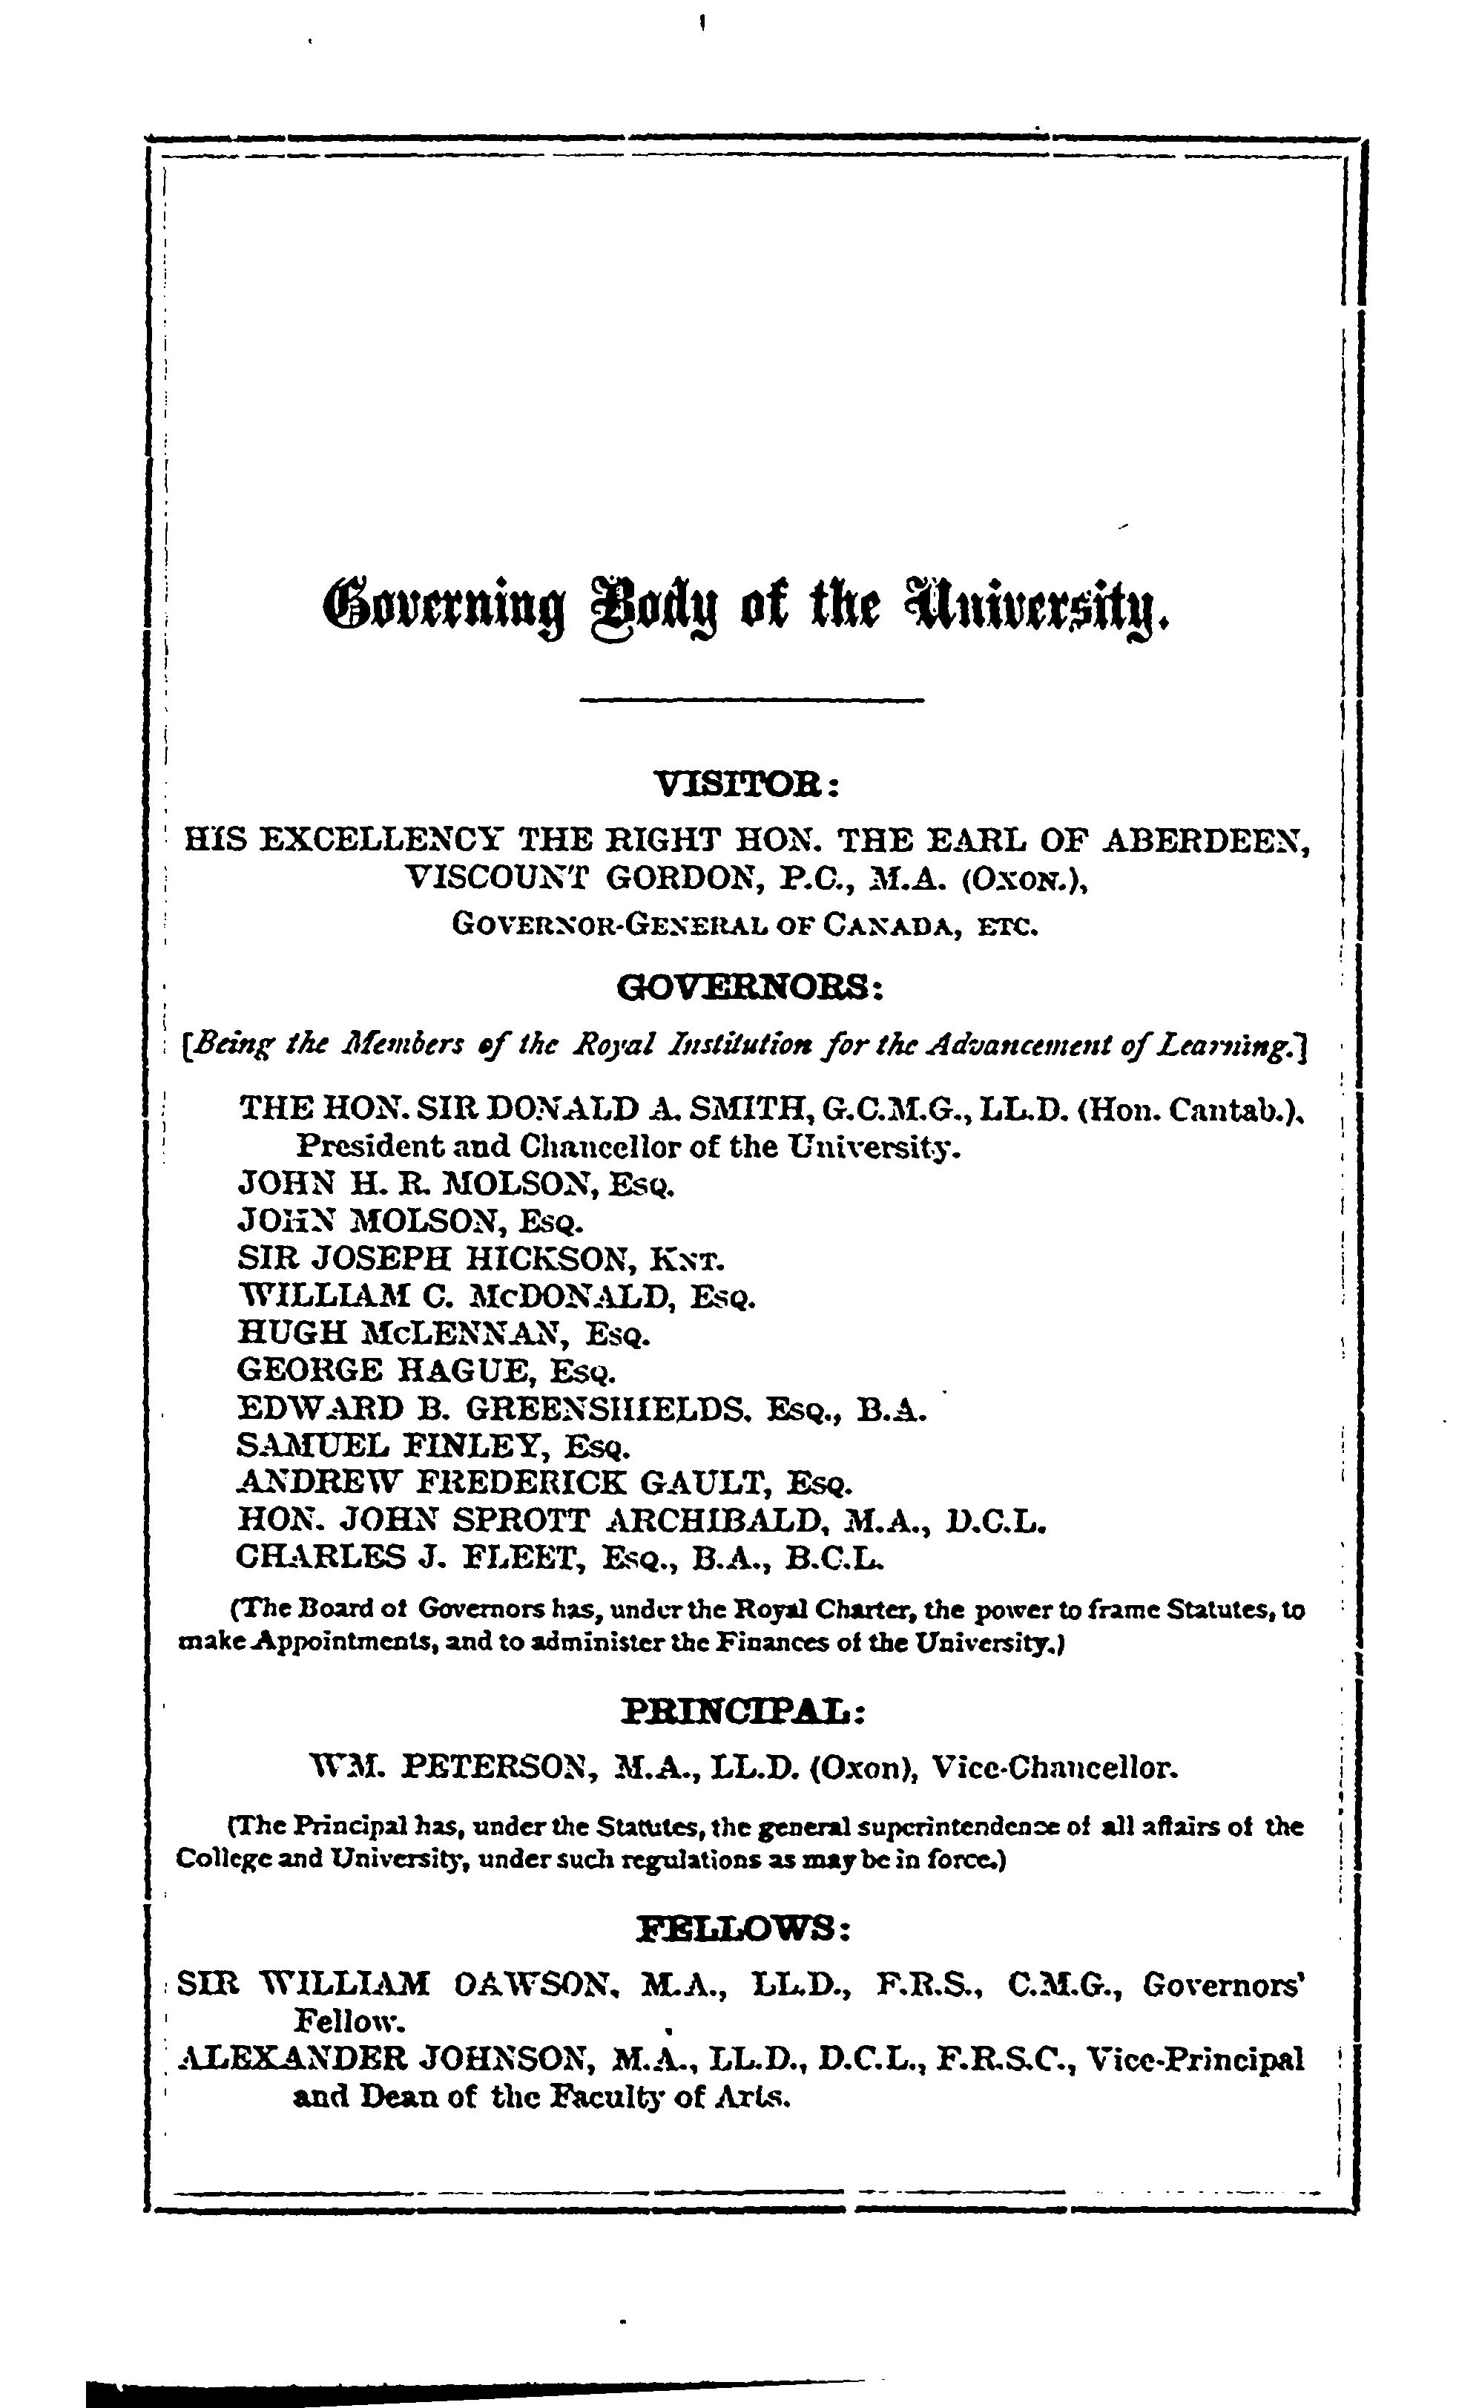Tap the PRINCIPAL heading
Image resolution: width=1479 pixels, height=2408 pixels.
(x=742, y=1711)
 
